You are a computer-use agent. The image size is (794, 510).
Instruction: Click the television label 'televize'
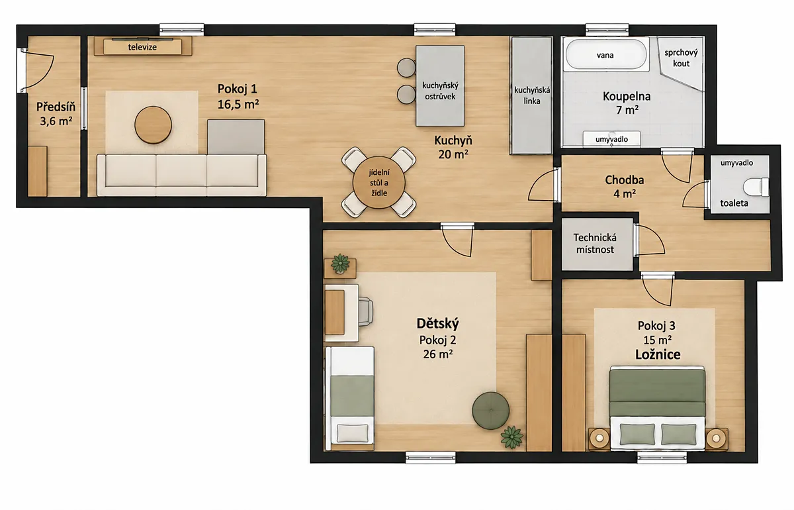142,47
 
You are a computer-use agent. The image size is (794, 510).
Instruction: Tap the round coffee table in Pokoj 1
153,125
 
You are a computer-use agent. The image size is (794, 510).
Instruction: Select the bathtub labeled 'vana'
605,55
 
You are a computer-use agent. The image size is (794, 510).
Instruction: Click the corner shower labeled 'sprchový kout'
680,63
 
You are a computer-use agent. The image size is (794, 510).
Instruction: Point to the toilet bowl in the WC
756,187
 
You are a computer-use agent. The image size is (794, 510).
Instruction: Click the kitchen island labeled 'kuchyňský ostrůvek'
440,85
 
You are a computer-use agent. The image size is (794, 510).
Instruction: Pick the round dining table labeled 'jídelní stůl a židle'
378,182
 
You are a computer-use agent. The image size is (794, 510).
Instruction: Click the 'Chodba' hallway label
624,180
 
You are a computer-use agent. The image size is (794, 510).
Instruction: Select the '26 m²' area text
438,354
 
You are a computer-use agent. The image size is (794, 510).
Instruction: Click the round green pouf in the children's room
490,410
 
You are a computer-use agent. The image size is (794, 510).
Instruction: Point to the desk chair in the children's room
366,311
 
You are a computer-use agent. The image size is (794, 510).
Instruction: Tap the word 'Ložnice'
658,354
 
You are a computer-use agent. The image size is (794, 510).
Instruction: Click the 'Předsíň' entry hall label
56,107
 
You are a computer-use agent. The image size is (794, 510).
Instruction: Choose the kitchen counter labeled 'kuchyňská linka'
531,95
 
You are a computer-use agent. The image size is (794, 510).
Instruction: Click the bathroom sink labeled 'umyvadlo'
612,139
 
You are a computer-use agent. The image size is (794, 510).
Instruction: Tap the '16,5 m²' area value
238,105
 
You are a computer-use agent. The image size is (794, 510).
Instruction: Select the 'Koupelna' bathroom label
627,96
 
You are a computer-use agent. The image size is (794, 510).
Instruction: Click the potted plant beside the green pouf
512,437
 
